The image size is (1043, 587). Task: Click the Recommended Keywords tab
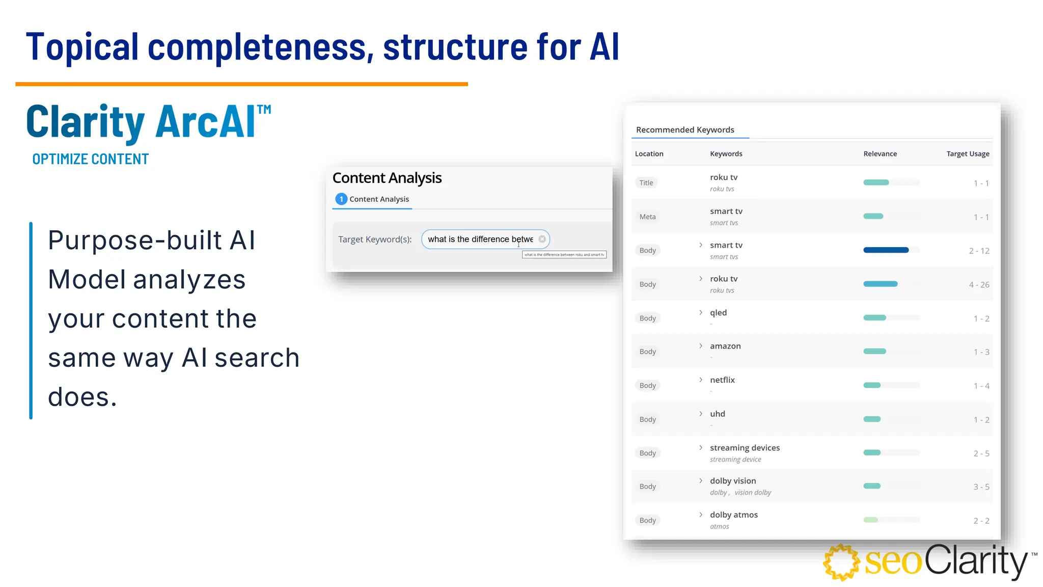685,130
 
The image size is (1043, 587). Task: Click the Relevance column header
880,154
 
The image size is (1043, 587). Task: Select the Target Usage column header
968,154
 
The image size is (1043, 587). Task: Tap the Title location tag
646,183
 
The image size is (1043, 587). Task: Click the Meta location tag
647,217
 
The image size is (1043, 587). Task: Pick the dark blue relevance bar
886,250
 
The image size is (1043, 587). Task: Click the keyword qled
718,313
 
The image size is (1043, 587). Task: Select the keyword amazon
725,346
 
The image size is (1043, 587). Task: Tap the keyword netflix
722,380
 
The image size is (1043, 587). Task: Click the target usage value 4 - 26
979,285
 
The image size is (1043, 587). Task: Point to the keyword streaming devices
745,448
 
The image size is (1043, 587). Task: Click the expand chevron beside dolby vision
701,481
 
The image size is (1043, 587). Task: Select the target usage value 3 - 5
981,487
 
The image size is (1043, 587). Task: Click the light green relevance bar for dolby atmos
871,520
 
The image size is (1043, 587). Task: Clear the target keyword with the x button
542,239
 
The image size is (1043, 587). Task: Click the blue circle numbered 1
341,199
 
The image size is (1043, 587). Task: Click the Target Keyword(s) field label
375,239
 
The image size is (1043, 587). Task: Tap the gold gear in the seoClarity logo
841,562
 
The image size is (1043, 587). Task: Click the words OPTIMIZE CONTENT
91,159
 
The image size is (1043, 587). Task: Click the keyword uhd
717,414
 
